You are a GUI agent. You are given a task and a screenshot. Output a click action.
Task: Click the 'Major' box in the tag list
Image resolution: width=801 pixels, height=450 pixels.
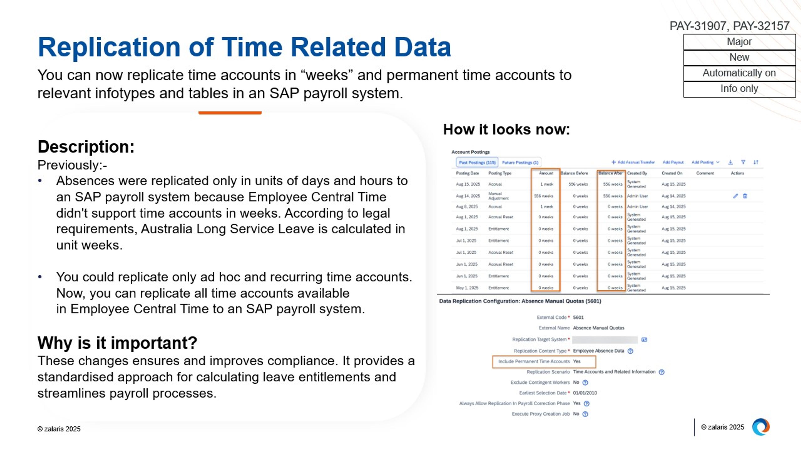coord(739,42)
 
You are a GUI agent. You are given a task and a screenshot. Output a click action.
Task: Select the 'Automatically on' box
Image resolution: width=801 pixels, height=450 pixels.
coord(739,73)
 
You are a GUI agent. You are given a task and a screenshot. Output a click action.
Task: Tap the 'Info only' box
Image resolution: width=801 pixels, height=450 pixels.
coord(739,89)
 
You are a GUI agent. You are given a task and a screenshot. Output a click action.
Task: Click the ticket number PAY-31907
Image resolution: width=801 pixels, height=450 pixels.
coord(698,26)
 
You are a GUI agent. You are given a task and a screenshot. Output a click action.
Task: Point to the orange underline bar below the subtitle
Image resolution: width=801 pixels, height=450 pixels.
coord(230,113)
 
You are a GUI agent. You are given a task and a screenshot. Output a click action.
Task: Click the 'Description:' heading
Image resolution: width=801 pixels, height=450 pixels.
coord(86,147)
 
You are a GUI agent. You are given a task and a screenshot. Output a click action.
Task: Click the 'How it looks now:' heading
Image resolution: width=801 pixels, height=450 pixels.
coord(506,130)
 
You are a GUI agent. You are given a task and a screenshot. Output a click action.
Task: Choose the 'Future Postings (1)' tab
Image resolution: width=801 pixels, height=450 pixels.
coord(520,162)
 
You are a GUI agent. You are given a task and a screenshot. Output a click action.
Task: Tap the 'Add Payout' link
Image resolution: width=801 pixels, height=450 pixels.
coord(673,162)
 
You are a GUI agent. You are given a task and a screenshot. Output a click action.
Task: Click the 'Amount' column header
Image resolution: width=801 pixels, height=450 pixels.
coord(546,173)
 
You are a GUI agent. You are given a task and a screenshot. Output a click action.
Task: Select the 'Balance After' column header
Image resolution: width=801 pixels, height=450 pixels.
coord(610,173)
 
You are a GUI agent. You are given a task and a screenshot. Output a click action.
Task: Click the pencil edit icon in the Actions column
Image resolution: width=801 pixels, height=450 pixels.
coord(735,196)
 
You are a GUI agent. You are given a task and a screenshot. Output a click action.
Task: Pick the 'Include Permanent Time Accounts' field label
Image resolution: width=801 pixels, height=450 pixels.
coord(534,361)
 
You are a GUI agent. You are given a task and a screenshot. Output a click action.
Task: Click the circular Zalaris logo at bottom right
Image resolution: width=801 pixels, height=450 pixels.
coord(761,427)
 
